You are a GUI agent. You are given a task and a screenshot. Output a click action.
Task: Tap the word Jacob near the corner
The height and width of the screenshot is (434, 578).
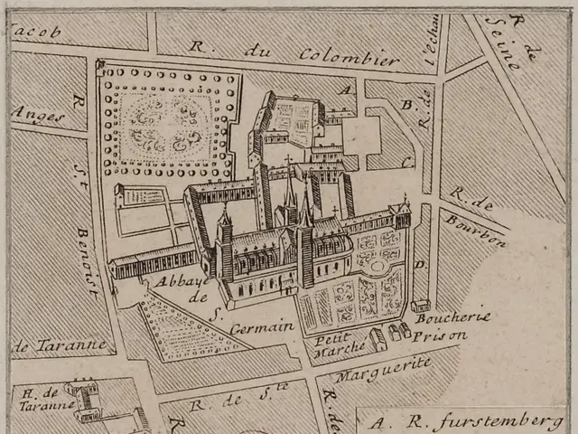click(x=36, y=32)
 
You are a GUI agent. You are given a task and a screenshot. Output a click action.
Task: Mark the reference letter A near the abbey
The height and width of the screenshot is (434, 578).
click(x=344, y=89)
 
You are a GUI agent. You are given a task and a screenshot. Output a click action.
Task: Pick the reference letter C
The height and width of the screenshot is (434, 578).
click(x=408, y=162)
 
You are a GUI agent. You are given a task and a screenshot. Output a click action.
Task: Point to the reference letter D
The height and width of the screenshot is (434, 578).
click(x=419, y=265)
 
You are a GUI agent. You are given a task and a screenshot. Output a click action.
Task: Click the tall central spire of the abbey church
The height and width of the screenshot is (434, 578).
click(x=289, y=194)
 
